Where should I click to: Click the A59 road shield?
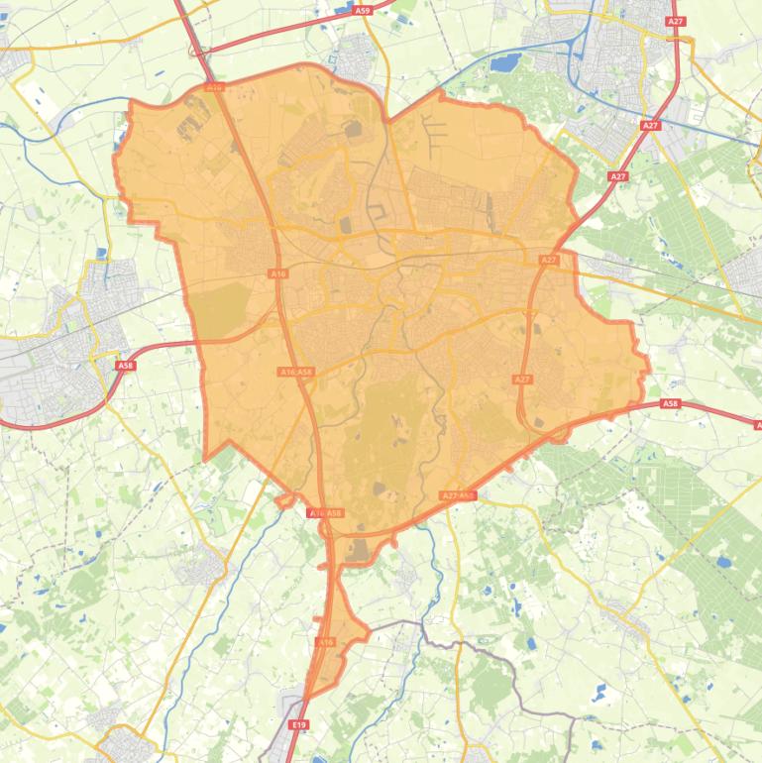(363, 10)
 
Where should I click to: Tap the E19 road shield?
(299, 725)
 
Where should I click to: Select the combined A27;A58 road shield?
(458, 495)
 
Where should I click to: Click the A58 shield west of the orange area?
(125, 366)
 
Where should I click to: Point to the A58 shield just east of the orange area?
(671, 403)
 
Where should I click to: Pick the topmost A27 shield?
(676, 21)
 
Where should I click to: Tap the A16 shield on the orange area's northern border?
(214, 87)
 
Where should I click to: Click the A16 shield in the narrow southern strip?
(326, 642)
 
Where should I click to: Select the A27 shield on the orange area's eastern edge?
(523, 379)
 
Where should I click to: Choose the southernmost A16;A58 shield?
(324, 513)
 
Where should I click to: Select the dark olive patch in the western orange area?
(220, 310)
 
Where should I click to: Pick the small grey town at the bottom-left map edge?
(127, 745)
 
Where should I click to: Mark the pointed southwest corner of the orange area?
(205, 460)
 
